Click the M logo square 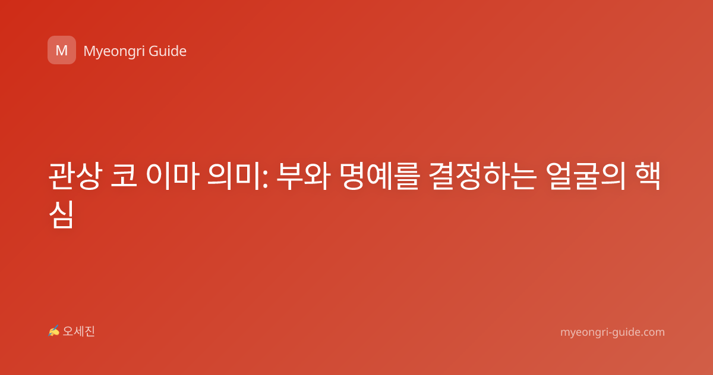click(62, 50)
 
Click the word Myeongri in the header click(114, 52)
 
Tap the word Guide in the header click(168, 51)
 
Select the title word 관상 click(76, 176)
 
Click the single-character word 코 click(124, 176)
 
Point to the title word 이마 click(172, 176)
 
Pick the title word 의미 click(234, 176)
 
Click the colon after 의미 click(265, 179)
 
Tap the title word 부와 click(303, 176)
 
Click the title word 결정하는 click(482, 176)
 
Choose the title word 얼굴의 click(585, 176)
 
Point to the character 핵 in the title click(647, 176)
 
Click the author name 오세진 click(78, 332)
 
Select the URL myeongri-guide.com click(613, 332)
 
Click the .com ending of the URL click(652, 332)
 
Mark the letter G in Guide click(153, 51)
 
